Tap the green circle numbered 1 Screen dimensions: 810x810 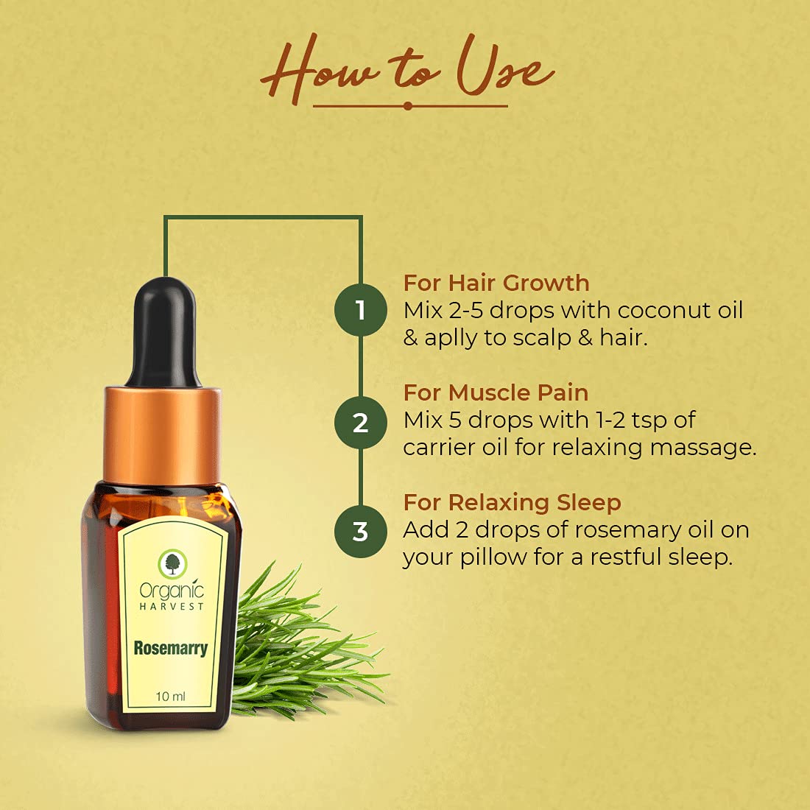[361, 310]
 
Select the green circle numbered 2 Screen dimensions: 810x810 [361, 423]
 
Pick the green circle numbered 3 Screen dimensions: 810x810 [361, 532]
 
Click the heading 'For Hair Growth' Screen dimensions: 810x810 [496, 283]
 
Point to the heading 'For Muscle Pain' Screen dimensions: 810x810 [496, 392]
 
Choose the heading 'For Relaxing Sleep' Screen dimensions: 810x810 [512, 503]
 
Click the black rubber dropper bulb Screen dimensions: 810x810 [163, 333]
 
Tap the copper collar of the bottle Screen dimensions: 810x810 [162, 435]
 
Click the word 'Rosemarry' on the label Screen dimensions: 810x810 [171, 648]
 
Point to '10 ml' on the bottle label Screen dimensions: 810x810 [171, 697]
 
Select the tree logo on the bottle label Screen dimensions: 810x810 [172, 564]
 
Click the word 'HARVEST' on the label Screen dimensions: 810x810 [172, 607]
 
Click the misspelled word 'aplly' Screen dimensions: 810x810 [451, 339]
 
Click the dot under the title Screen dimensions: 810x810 [408, 106]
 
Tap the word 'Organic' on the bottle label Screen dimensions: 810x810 [172, 591]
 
